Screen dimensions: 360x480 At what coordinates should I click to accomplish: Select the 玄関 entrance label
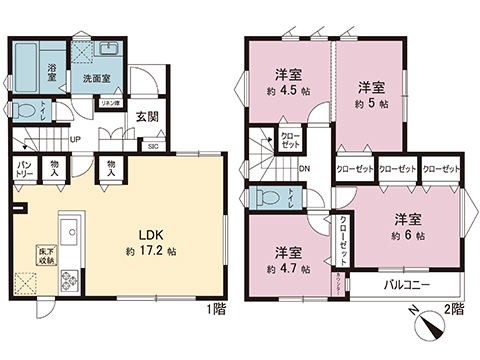tap(147, 115)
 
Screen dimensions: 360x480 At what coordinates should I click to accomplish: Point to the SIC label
tap(153, 146)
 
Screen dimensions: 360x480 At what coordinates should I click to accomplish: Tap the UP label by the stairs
tap(76, 139)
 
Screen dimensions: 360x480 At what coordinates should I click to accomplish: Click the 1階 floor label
tap(215, 309)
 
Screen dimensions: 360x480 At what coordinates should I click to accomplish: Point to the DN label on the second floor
tap(304, 168)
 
